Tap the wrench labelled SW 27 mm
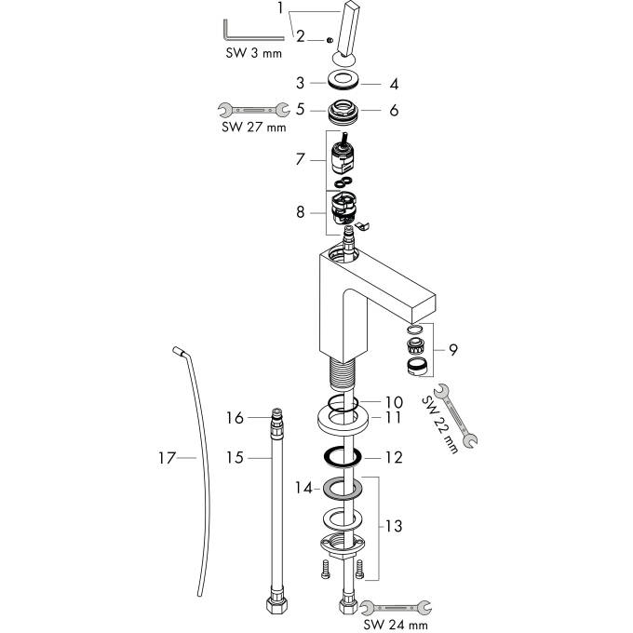254,110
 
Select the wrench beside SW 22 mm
455,416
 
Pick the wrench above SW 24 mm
396,607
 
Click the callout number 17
168,458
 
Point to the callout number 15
235,458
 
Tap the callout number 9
453,350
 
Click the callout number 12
394,457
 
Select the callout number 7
300,159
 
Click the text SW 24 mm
396,625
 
